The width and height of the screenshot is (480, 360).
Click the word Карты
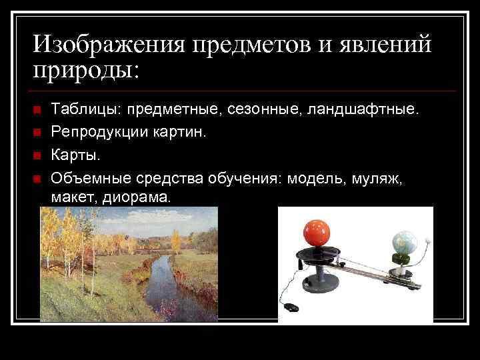[x=76, y=155]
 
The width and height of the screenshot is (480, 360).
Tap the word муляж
[x=379, y=178]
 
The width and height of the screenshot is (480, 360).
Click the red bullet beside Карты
[x=37, y=156]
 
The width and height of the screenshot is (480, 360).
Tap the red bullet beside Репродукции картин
[x=37, y=133]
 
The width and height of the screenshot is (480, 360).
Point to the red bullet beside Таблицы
[x=37, y=109]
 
